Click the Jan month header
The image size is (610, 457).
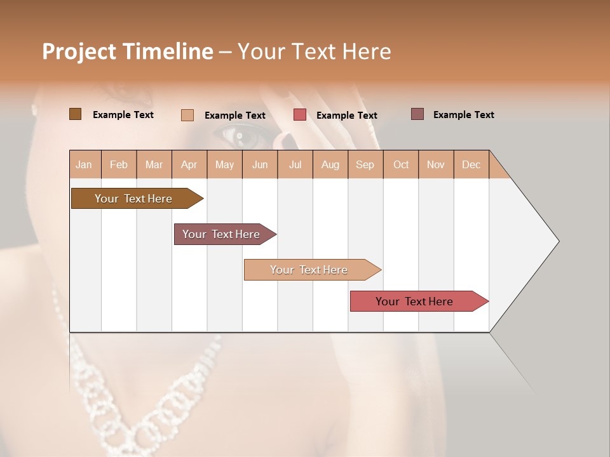[x=84, y=165]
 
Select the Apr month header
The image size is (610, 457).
[x=189, y=165]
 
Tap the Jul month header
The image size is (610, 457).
[x=295, y=165]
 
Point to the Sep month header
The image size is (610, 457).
[x=365, y=165]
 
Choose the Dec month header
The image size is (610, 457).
[x=471, y=165]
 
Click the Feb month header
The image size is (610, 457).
[x=119, y=165]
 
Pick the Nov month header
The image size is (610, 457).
[x=435, y=165]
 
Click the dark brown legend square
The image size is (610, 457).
[x=75, y=114]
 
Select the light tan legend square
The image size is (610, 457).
[x=187, y=115]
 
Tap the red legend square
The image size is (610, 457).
[x=300, y=115]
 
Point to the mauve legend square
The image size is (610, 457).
[x=417, y=114]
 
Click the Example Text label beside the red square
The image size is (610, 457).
[x=346, y=116]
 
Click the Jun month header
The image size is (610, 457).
[x=260, y=165]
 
